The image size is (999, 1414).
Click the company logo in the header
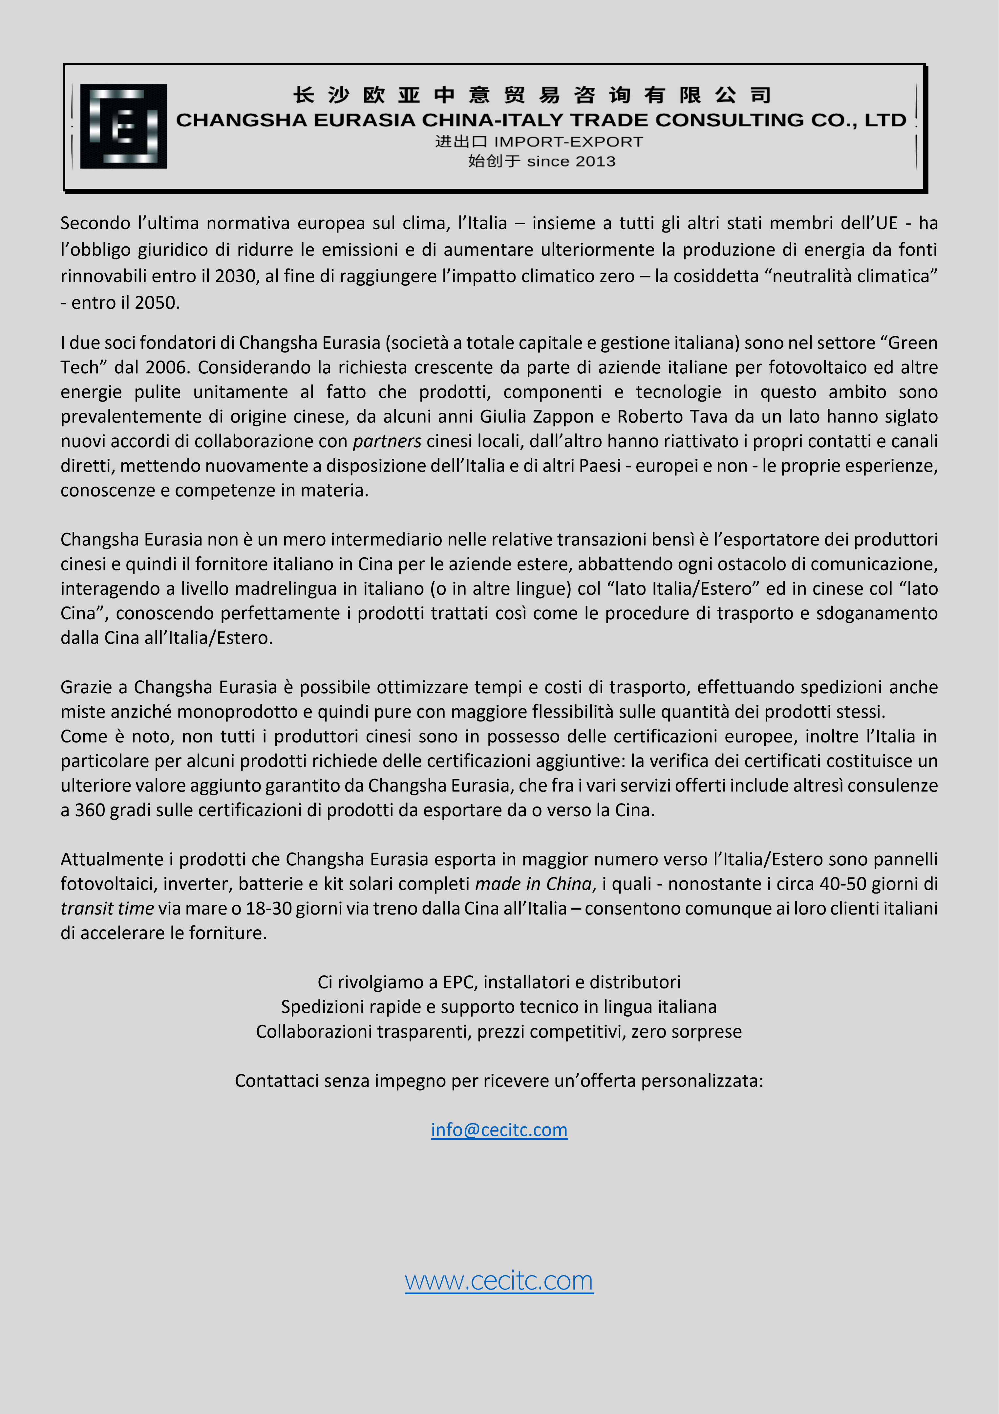point(123,126)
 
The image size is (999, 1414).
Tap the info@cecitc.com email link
point(499,1130)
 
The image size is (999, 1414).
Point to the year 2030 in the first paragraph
point(235,276)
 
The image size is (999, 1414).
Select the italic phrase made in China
point(533,884)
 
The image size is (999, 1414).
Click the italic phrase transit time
point(107,908)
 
